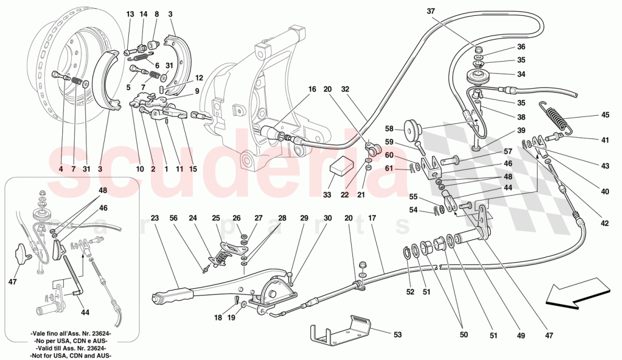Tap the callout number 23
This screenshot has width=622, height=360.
155,218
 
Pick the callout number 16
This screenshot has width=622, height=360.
312,89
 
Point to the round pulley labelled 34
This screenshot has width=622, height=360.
479,76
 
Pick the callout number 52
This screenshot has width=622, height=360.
410,292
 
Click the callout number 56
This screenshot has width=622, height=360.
174,218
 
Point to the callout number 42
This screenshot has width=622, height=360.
605,223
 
